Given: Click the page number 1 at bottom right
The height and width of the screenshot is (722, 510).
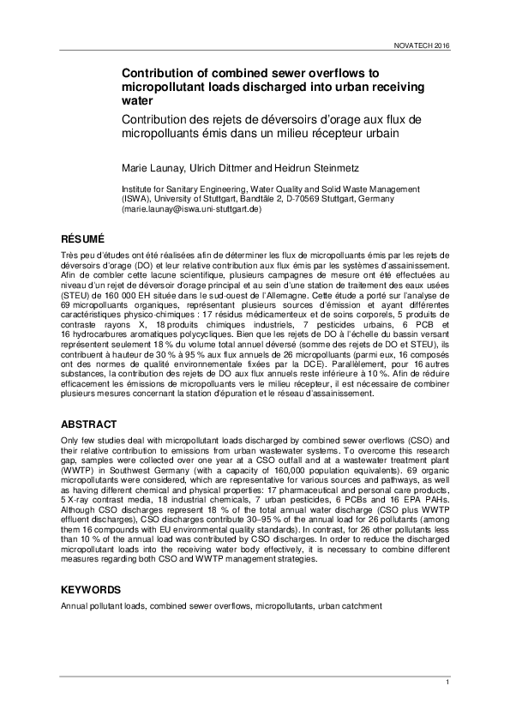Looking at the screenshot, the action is point(447,682).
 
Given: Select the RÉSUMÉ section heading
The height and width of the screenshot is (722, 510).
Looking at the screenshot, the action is point(82,237).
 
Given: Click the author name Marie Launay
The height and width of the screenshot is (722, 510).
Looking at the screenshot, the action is point(150,165).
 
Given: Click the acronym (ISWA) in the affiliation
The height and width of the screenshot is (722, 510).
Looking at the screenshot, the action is point(135,198).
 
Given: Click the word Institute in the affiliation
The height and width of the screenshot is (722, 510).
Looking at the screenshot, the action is point(141,188).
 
